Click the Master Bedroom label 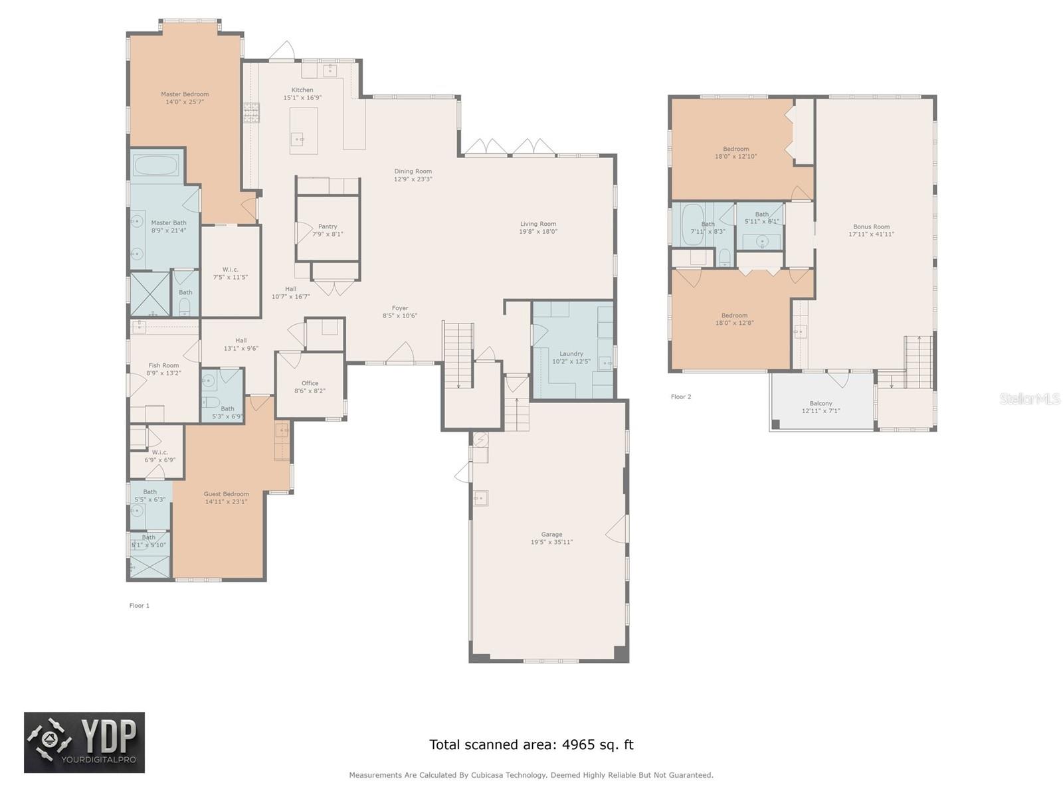coord(185,94)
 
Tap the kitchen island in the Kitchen coord(304,130)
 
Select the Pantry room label coord(328,226)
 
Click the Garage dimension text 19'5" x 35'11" coord(551,542)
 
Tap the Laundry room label coord(571,354)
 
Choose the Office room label coord(310,383)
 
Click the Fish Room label coord(163,365)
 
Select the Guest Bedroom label coord(226,494)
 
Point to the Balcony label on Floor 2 coord(821,403)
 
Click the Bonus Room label coord(871,226)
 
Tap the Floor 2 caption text coord(681,397)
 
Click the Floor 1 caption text coord(140,606)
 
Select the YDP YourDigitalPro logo coord(84,743)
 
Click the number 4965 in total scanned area coord(580,745)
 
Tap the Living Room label coord(537,224)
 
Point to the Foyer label coord(399,308)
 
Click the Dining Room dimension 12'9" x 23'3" coord(413,179)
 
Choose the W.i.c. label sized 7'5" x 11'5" coord(231,270)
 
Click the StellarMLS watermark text coord(1030,399)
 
